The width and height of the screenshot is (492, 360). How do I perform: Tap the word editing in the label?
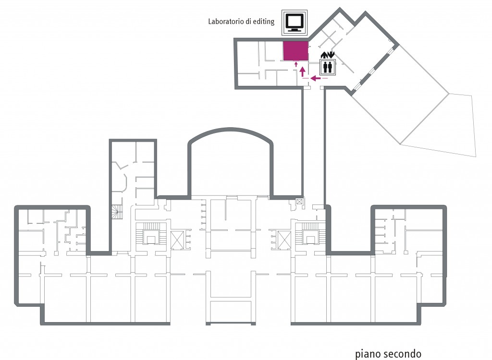click(264, 22)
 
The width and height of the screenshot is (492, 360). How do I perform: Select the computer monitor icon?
click(295, 23)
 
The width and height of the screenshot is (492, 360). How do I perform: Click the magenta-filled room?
click(295, 51)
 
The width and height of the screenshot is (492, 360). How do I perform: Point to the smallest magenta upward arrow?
click(295, 65)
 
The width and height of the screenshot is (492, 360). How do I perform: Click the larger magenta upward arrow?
click(303, 72)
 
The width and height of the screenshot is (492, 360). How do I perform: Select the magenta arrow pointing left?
click(315, 78)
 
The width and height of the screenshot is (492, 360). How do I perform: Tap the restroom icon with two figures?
click(328, 67)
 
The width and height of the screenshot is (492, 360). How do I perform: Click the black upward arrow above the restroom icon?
click(324, 55)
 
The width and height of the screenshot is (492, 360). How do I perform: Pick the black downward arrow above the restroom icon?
click(332, 55)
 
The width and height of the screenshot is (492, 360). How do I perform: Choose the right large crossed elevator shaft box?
click(284, 240)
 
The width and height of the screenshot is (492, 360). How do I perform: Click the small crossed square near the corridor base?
click(299, 202)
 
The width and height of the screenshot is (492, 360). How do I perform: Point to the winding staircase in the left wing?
click(118, 212)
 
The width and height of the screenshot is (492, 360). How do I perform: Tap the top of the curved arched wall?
click(230, 129)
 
